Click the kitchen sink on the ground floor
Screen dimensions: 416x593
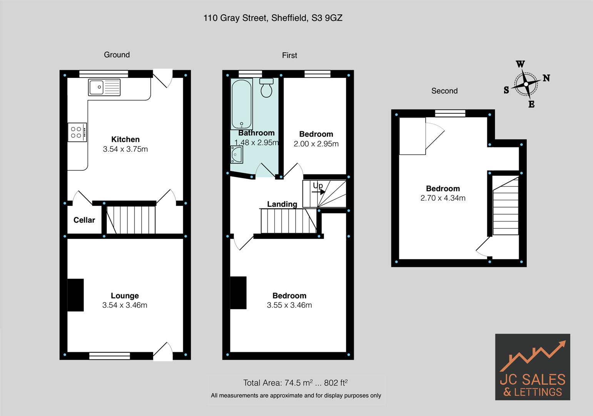tap(104, 87)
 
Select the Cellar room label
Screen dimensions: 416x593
tap(84, 220)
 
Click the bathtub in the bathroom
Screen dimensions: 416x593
tap(242, 104)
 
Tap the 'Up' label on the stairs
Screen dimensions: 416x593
tap(318, 186)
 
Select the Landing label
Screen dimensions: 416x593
tap(282, 204)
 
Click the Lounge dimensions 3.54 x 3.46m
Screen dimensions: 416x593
tap(125, 305)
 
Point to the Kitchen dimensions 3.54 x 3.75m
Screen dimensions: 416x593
tap(125, 149)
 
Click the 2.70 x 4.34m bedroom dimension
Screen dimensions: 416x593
tap(443, 198)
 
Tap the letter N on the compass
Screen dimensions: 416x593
tap(546, 78)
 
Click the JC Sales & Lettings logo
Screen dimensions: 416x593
tap(532, 367)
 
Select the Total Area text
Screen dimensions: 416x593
tap(296, 383)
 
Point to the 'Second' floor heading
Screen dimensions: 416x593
tap(444, 91)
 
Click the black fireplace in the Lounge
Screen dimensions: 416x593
tap(76, 295)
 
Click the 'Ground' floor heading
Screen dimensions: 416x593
tap(117, 55)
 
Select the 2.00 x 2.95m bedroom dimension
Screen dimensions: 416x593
tap(316, 144)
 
